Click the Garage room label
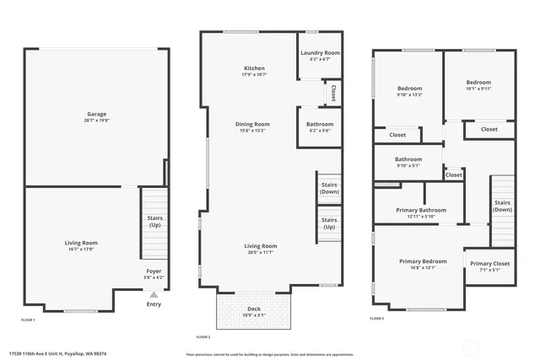tap(97, 114)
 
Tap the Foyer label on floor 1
tap(154, 271)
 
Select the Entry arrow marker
tap(153, 294)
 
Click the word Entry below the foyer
tap(154, 304)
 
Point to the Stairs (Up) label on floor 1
tap(155, 222)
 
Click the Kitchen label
tap(254, 68)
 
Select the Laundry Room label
tap(320, 53)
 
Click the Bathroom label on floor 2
tap(320, 124)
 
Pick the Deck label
tap(253, 309)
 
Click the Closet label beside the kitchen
tap(333, 90)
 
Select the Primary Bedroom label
tap(423, 261)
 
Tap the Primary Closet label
tap(491, 264)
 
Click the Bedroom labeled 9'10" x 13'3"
tap(409, 89)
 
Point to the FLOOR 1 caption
tap(28, 320)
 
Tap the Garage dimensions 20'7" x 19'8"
tap(97, 121)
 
